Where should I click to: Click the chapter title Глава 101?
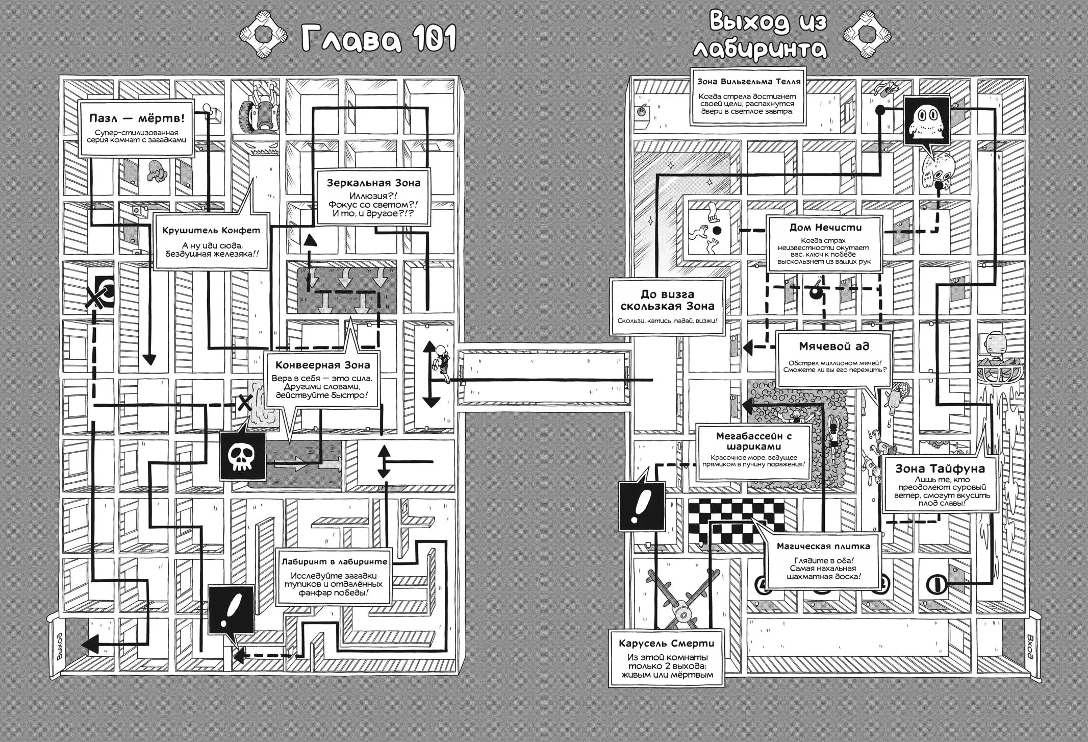pyautogui.click(x=378, y=39)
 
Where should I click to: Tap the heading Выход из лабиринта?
pyautogui.click(x=767, y=36)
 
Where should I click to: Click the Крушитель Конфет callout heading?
pyautogui.click(x=211, y=230)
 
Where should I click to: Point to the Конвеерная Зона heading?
pyautogui.click(x=322, y=365)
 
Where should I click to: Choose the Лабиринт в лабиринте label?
pyautogui.click(x=334, y=561)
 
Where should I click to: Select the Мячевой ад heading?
pyautogui.click(x=833, y=347)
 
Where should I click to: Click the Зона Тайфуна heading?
pyautogui.click(x=940, y=468)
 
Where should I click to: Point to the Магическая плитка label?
pyautogui.click(x=823, y=546)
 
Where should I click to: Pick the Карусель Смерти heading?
pyautogui.click(x=666, y=644)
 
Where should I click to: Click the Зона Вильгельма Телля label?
pyautogui.click(x=749, y=82)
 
